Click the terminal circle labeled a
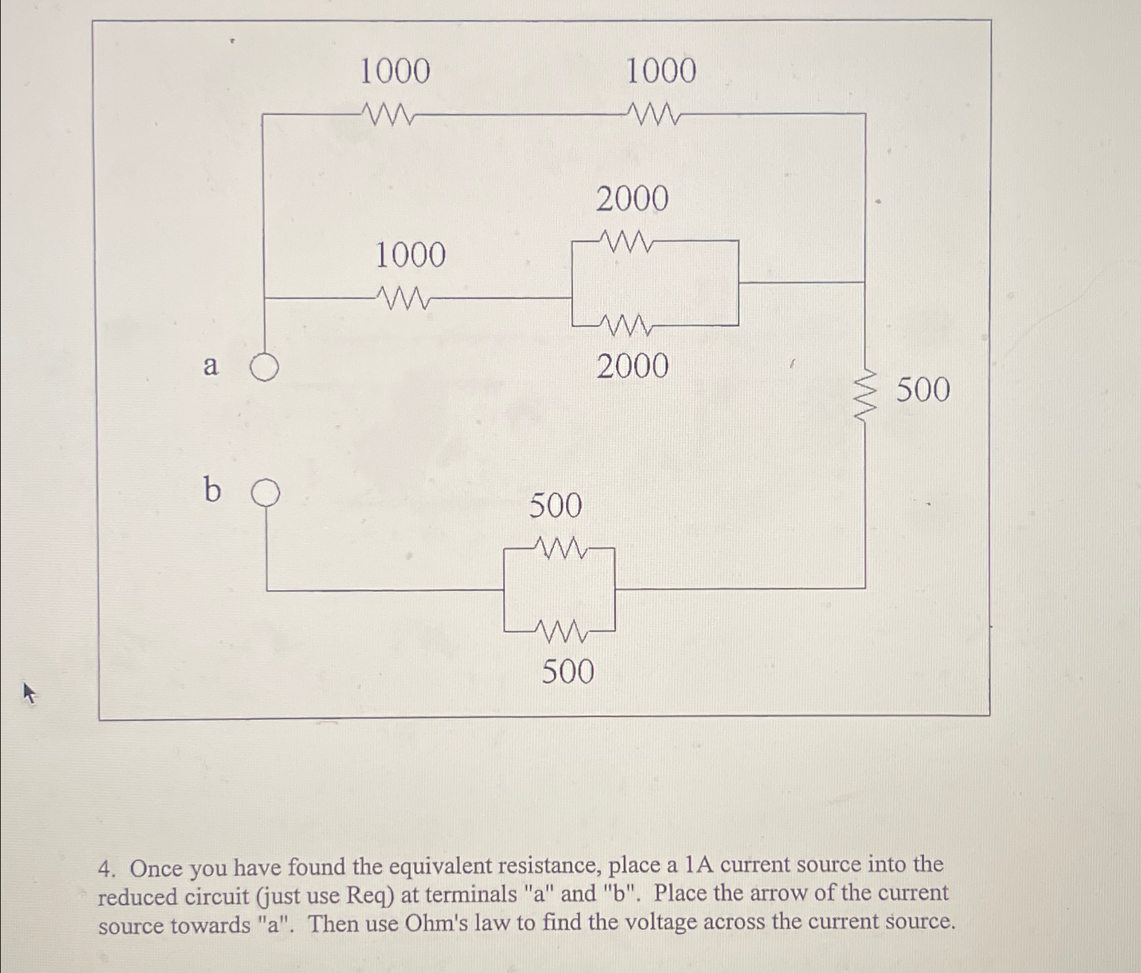tap(265, 368)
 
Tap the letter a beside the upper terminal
tap(211, 366)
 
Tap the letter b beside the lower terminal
tap(212, 490)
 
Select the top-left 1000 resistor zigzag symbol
tap(387, 114)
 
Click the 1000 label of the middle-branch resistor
tap(410, 256)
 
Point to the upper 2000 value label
tap(632, 199)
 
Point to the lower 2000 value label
tap(633, 367)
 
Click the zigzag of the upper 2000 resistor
tap(625, 240)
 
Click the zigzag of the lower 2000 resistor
tap(627, 326)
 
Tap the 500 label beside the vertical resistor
tap(923, 389)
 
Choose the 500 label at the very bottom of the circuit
tap(567, 671)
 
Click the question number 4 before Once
tap(105, 869)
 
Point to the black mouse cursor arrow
tap(29, 692)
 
